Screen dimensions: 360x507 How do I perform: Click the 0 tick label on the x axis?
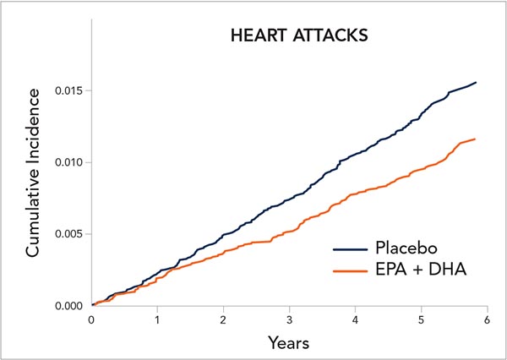pos(91,320)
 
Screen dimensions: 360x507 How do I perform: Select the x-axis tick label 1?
pos(157,320)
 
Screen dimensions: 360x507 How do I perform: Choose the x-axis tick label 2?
pos(223,320)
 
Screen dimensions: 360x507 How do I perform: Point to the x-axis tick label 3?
pos(289,320)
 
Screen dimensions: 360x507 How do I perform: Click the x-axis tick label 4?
pos(355,320)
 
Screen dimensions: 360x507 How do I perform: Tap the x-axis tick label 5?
pos(421,320)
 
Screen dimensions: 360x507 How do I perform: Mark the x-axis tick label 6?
pos(487,320)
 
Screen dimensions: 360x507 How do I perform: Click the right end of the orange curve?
pos(475,139)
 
